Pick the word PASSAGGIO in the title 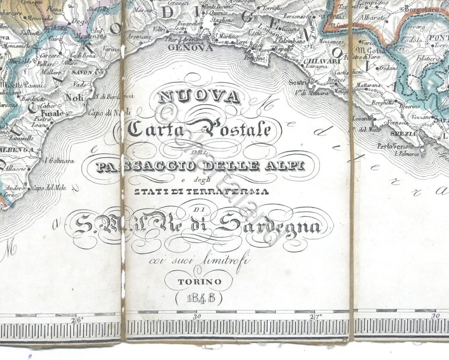coord(136,168)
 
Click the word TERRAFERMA coord(228,191)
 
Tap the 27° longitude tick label coord(316,317)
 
